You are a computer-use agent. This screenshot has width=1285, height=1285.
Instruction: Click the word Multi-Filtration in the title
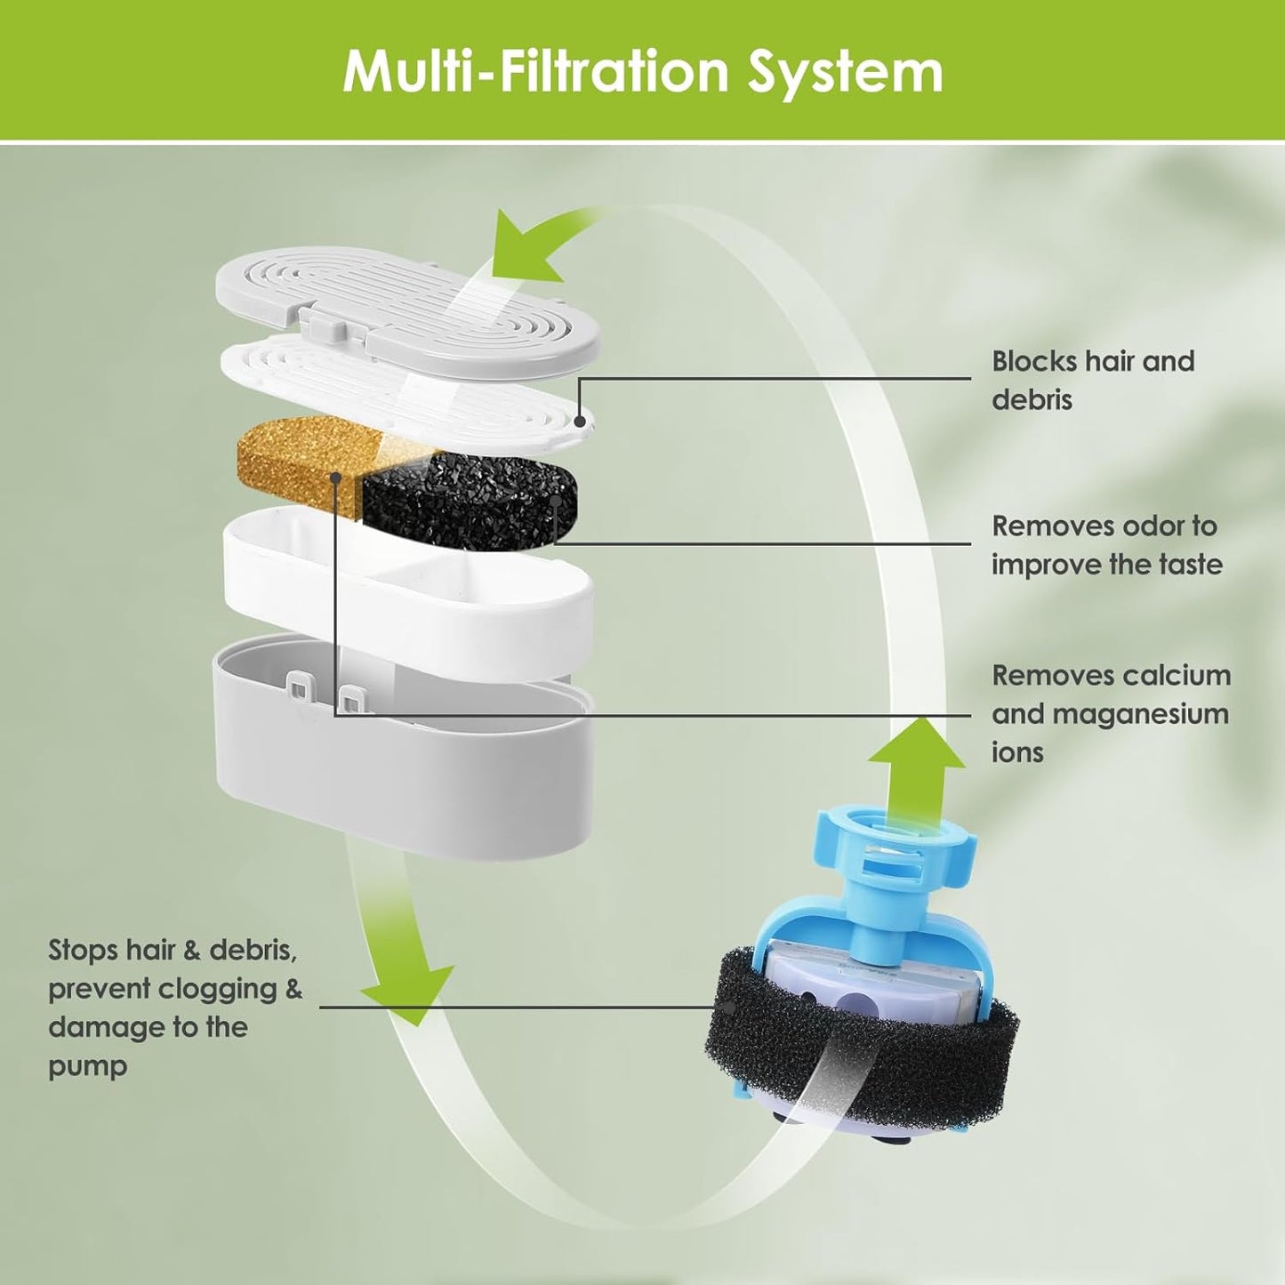coord(537,71)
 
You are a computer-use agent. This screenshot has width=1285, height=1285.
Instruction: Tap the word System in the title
coord(844,71)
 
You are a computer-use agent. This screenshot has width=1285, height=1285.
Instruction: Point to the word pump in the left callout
coord(87,1065)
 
